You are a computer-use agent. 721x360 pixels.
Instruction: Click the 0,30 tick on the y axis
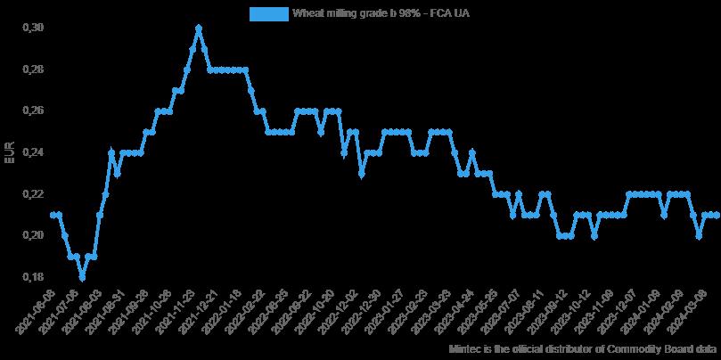click(31, 28)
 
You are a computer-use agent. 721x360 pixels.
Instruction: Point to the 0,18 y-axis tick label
click(31, 277)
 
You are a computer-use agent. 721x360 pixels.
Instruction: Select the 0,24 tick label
click(31, 152)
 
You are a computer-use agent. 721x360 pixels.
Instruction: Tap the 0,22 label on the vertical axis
click(31, 194)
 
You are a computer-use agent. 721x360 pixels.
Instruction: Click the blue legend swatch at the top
click(268, 13)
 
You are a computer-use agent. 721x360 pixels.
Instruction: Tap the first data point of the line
click(53, 215)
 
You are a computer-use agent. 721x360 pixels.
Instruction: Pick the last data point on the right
click(717, 215)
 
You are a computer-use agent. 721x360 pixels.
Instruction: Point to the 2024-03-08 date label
click(701, 308)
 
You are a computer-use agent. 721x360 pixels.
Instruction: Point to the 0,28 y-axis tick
click(31, 70)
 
